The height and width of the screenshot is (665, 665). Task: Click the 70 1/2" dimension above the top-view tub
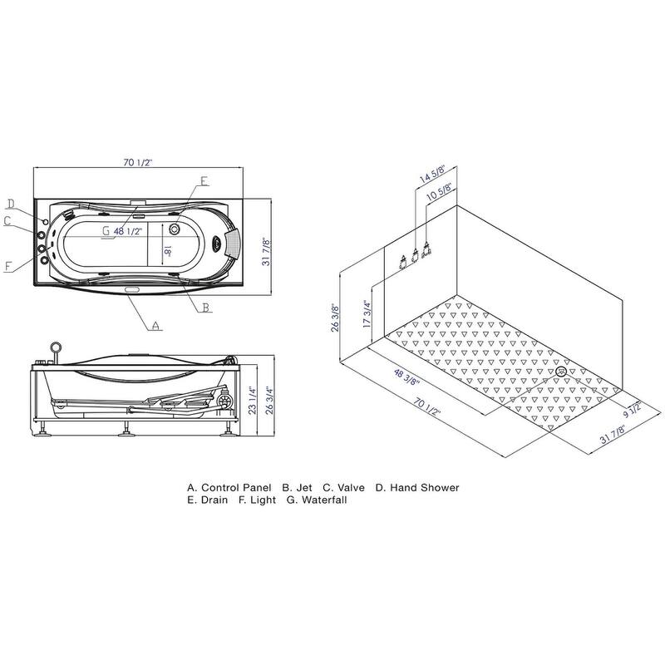tap(137, 162)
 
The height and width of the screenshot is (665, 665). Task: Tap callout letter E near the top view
tap(204, 181)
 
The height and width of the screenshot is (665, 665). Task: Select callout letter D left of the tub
tap(11, 204)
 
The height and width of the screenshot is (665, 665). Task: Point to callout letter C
tap(7, 221)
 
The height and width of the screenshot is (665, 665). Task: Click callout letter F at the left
tap(8, 266)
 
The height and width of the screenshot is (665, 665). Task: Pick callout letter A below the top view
tap(156, 326)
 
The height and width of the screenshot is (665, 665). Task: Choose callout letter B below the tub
tap(206, 307)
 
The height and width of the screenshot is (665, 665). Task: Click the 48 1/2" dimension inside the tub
tap(128, 231)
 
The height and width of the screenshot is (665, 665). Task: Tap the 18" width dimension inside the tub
tap(168, 250)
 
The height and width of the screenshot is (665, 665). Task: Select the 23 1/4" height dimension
tap(253, 400)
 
